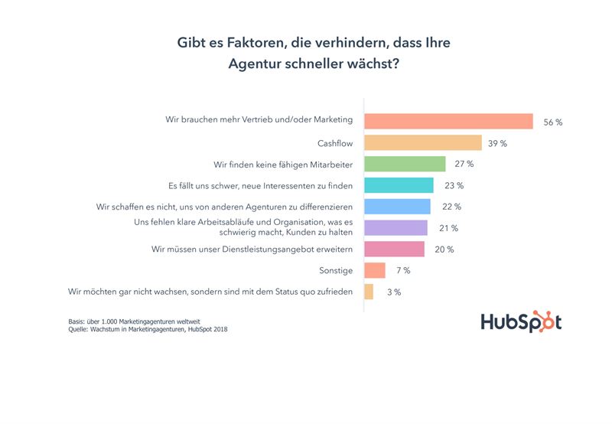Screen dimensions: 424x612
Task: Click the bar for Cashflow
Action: pos(422,143)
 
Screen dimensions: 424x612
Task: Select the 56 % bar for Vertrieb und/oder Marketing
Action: pos(448,121)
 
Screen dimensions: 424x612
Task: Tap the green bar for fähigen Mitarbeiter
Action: pos(405,164)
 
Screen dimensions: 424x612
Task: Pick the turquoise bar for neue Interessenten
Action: pos(399,185)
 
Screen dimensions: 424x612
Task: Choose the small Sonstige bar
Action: pos(375,270)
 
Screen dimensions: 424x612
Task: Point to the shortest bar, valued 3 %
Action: pos(369,292)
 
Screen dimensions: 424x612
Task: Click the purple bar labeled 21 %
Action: pos(396,227)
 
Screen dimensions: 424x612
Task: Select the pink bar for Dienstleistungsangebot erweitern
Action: pos(394,249)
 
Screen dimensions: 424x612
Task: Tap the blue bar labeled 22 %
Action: pos(397,207)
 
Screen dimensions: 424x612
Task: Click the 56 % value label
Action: pos(553,122)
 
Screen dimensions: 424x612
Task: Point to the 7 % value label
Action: pos(402,270)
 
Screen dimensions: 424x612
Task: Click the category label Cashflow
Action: pos(334,143)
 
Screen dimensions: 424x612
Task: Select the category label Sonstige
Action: pos(335,270)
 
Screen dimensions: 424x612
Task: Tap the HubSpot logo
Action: pos(521,321)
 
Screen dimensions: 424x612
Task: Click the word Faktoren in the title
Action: pos(253,44)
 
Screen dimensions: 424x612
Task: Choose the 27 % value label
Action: pos(464,164)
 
